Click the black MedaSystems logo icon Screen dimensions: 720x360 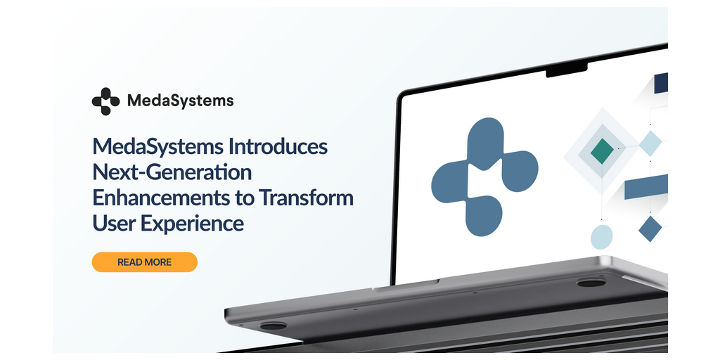coord(105,101)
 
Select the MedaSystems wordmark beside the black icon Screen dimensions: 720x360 coord(181,101)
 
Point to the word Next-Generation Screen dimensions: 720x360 coord(172,173)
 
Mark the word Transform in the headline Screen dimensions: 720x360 coord(307,198)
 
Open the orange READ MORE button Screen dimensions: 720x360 coord(145,262)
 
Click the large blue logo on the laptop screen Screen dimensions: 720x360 coord(484,176)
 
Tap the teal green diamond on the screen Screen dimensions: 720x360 coord(602,151)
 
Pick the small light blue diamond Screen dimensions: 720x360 coord(650,143)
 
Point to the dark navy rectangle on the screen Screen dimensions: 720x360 coord(661,83)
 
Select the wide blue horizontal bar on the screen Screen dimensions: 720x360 coord(646,186)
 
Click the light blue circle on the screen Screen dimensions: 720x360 coord(602,238)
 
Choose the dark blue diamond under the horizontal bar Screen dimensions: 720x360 coord(650,229)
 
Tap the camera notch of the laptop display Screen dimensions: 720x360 coord(567,70)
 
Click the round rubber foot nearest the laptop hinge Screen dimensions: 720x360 coord(591,283)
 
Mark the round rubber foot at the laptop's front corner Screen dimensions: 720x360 coord(273,326)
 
